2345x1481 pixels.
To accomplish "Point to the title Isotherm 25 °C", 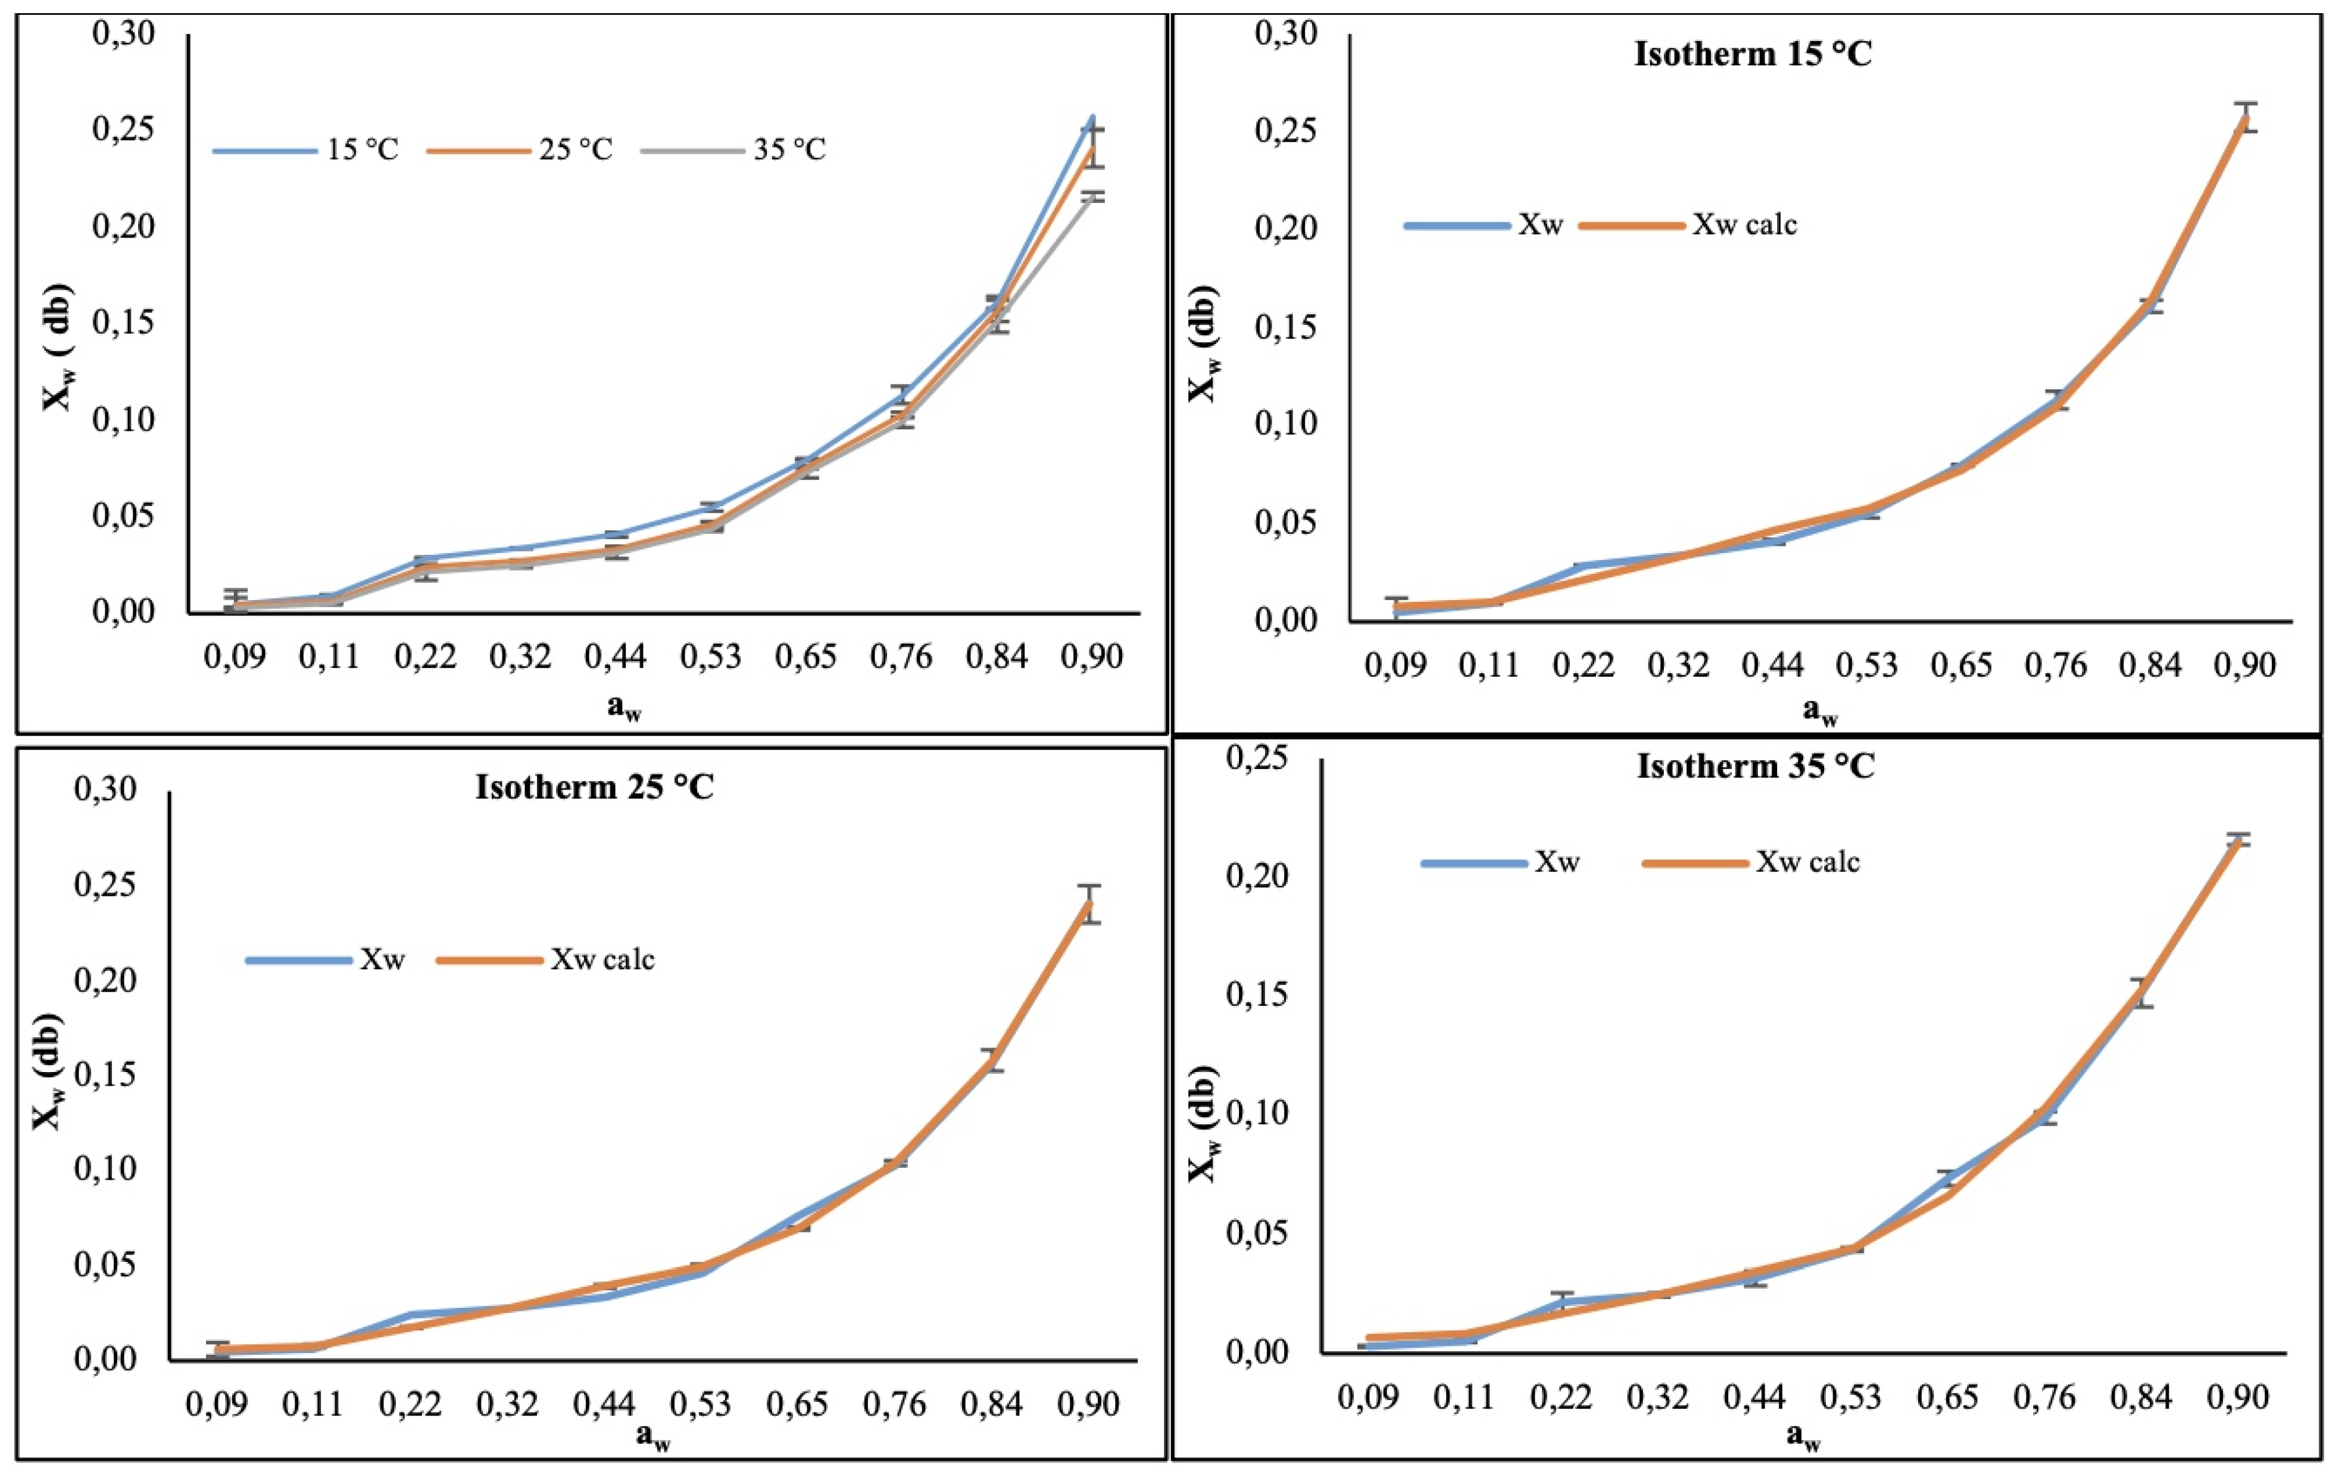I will pyautogui.click(x=594, y=787).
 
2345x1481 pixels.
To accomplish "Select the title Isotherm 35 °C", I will pyautogui.click(x=1755, y=766).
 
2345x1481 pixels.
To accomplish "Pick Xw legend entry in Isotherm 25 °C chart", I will pyautogui.click(x=382, y=959).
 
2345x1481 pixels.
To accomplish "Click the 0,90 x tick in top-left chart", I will pyautogui.click(x=1092, y=657).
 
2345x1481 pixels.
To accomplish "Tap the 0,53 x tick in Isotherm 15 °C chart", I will pyautogui.click(x=1867, y=666).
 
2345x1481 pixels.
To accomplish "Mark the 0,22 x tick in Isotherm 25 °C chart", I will pyautogui.click(x=410, y=1404).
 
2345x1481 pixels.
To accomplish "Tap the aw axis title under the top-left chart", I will pyautogui.click(x=624, y=708).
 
